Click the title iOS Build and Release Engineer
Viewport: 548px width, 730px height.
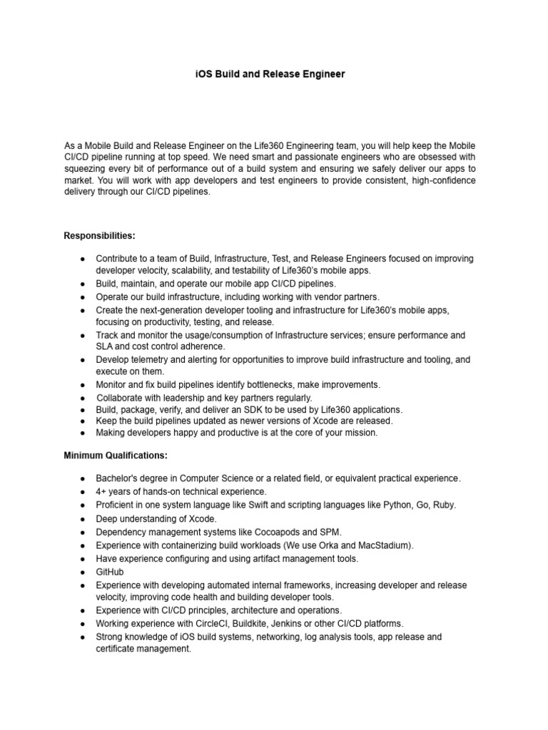(270, 74)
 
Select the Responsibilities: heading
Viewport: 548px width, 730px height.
(100, 235)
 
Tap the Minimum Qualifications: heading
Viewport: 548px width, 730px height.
(116, 455)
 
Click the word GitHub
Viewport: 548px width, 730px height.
(110, 572)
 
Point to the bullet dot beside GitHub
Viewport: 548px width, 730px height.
(83, 572)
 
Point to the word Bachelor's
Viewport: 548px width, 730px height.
(118, 478)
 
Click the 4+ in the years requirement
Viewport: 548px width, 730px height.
(101, 491)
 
